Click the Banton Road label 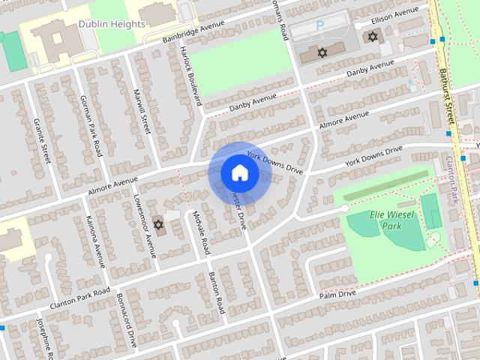click(x=216, y=292)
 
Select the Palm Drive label click(x=337, y=295)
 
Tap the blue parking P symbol click(x=320, y=25)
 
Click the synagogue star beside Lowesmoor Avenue click(x=157, y=224)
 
